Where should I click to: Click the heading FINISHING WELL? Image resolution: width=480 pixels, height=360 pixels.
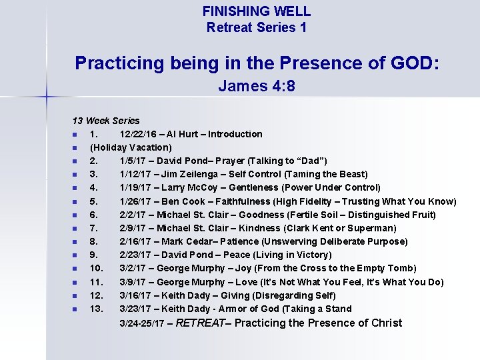[257, 11]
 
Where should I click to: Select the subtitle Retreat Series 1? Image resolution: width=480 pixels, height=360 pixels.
[257, 27]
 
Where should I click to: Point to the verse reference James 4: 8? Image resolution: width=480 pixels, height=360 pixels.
[257, 87]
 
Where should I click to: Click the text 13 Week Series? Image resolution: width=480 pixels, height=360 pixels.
[106, 121]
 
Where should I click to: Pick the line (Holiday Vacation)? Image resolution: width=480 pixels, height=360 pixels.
[131, 147]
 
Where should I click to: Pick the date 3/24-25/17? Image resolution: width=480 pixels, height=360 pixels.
[142, 324]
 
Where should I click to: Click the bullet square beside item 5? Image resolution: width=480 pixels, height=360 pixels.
[75, 201]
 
